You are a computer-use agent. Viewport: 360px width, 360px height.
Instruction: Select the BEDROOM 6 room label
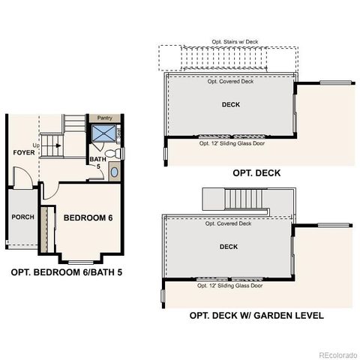pyautogui.click(x=88, y=217)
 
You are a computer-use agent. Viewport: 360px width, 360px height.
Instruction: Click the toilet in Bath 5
pyautogui.click(x=112, y=153)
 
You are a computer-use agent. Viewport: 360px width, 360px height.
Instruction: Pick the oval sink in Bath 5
pyautogui.click(x=114, y=172)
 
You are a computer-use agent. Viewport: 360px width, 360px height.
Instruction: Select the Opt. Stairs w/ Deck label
pyautogui.click(x=230, y=43)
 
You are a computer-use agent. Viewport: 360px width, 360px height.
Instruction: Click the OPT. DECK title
pyautogui.click(x=256, y=172)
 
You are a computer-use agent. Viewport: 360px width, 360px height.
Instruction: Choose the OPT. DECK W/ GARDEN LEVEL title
pyautogui.click(x=256, y=316)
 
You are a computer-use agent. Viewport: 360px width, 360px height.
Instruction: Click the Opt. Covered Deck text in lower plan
pyautogui.click(x=229, y=223)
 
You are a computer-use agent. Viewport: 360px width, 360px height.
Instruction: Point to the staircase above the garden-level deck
pyautogui.click(x=233, y=199)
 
